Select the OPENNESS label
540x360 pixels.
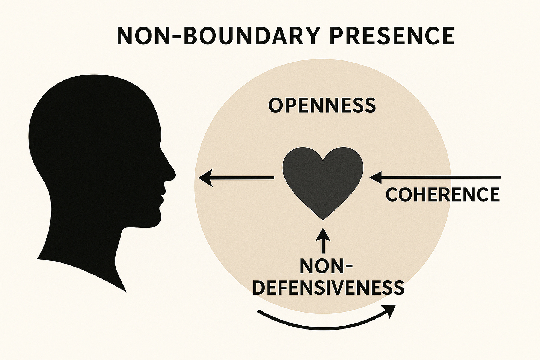322,105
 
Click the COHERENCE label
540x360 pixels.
442,194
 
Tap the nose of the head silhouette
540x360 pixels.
171,172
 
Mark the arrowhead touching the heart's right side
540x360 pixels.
376,178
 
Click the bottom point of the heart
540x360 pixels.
323,219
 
